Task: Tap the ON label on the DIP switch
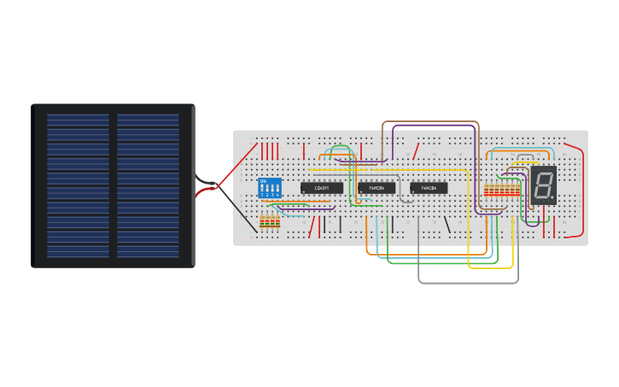263,181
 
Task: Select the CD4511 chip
322,188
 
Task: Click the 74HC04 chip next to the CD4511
377,188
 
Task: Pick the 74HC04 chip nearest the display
429,188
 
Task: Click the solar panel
114,185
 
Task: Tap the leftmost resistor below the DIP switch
263,223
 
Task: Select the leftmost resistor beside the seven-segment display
486,191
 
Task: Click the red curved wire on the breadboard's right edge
583,188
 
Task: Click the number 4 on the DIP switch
278,195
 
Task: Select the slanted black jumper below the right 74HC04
447,226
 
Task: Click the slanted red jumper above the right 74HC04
416,151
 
